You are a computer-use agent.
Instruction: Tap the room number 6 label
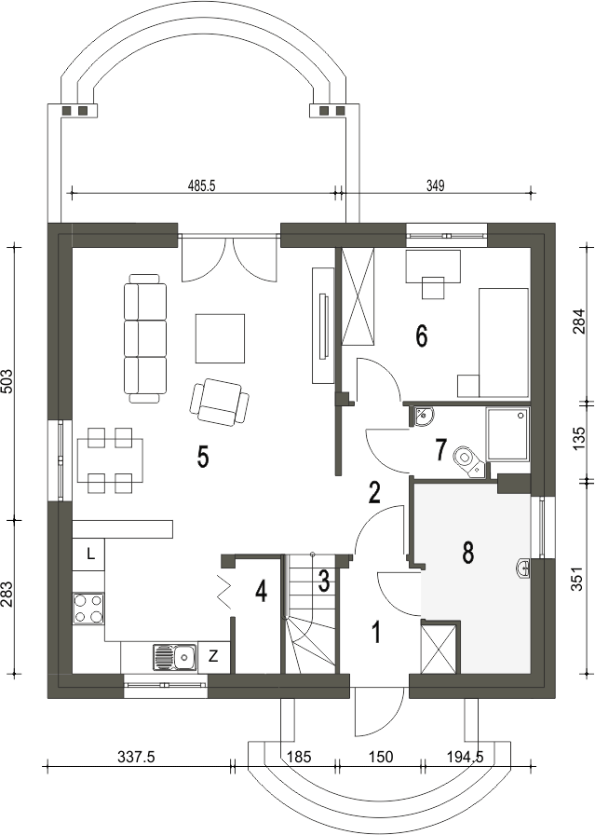pyautogui.click(x=421, y=336)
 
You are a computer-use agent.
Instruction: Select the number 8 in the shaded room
pyautogui.click(x=467, y=553)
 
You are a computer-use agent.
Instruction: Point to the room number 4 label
pyautogui.click(x=261, y=591)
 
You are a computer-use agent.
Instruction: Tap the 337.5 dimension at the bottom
pyautogui.click(x=137, y=757)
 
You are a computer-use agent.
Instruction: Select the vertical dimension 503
pyautogui.click(x=7, y=381)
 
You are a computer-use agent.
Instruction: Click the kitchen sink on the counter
pyautogui.click(x=174, y=657)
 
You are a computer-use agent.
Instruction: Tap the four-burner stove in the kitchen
pyautogui.click(x=88, y=609)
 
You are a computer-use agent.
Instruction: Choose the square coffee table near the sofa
pyautogui.click(x=221, y=338)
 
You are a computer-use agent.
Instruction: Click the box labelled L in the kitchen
pyautogui.click(x=88, y=554)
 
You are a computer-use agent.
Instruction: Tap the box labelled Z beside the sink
pyautogui.click(x=213, y=657)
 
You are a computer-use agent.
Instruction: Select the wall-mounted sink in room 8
pyautogui.click(x=523, y=568)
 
